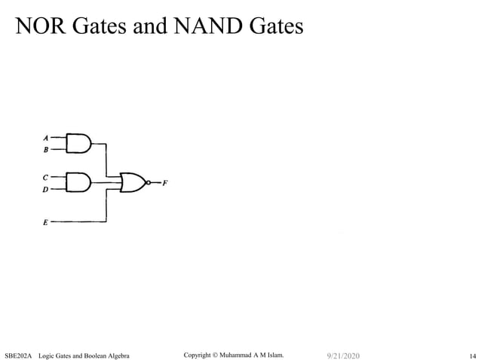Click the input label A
click(46, 138)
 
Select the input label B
click(46, 150)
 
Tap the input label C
click(46, 177)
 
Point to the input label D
click(46, 190)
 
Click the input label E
click(46, 223)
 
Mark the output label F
click(165, 183)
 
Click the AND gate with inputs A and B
click(78, 143)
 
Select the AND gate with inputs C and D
click(78, 182)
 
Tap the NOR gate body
click(133, 182)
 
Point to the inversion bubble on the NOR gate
click(149, 182)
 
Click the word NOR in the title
click(42, 27)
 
